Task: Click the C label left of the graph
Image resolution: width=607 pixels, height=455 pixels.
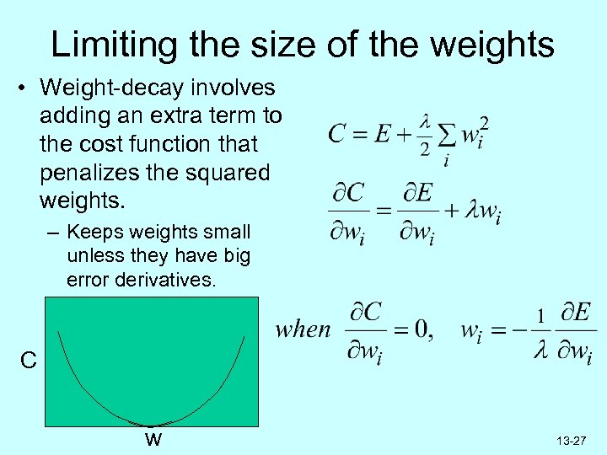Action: [x=28, y=362]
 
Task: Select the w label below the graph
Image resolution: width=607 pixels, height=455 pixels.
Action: [x=153, y=439]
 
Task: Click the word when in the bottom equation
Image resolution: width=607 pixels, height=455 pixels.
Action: [x=303, y=329]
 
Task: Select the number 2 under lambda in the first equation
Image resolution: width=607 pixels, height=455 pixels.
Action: [x=425, y=149]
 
